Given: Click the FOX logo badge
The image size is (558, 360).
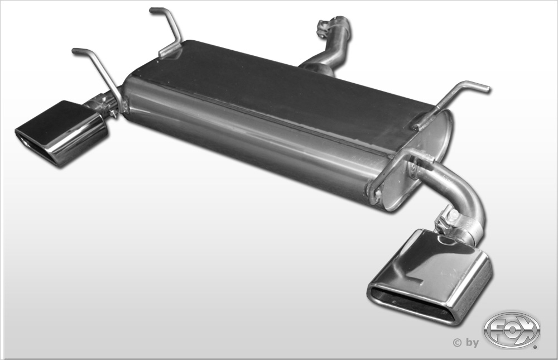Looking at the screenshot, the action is click(x=512, y=330).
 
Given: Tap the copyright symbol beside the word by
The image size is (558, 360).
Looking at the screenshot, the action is click(x=457, y=343).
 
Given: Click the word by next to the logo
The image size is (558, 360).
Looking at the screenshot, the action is click(x=472, y=343).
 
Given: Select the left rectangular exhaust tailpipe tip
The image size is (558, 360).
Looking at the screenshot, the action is click(x=61, y=133).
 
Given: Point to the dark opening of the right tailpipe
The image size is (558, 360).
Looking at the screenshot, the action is click(x=408, y=304).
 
